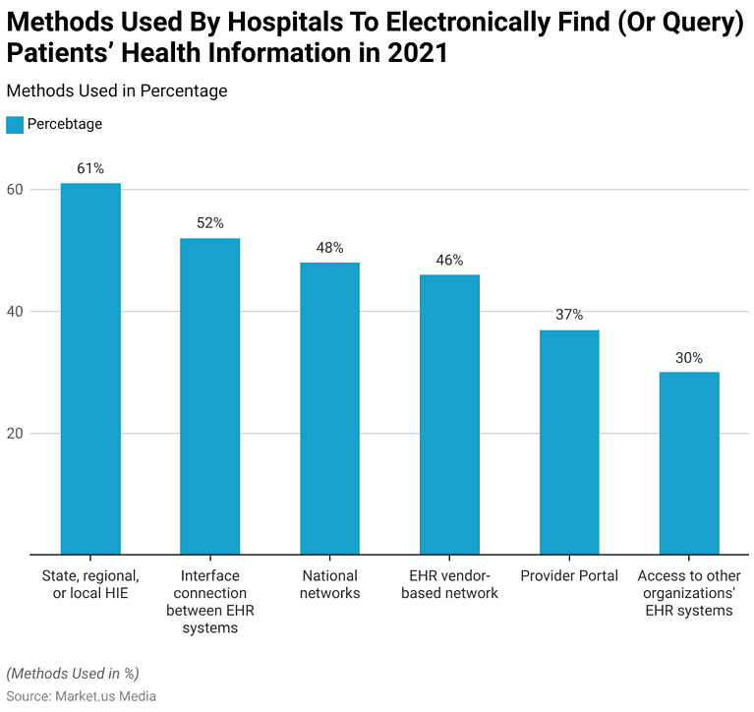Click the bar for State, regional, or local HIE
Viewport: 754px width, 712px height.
click(90, 369)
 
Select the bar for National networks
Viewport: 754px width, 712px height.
click(329, 408)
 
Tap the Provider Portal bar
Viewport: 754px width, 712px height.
click(569, 443)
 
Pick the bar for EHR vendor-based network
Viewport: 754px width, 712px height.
click(449, 414)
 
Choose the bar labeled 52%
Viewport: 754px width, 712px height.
click(210, 396)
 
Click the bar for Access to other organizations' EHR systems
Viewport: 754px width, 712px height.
click(689, 463)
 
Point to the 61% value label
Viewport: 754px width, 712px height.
click(90, 168)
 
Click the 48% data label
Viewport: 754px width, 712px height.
click(329, 248)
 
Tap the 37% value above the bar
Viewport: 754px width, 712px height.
click(569, 315)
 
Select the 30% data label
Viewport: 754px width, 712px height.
click(689, 358)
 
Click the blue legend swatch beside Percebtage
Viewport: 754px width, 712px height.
click(15, 125)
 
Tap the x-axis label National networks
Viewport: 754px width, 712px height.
click(329, 584)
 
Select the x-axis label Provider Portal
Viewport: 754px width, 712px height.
click(569, 576)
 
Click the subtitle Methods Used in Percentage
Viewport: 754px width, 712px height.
click(117, 90)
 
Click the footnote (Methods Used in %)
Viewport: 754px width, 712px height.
click(73, 674)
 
